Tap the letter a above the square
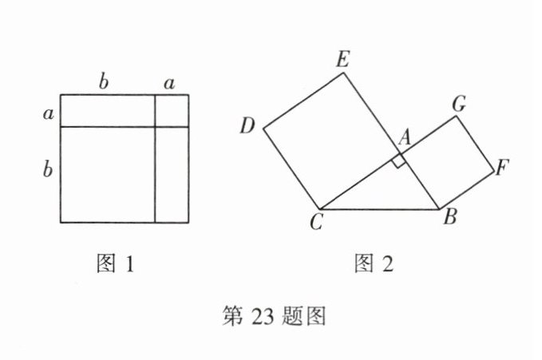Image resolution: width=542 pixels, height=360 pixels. coord(169,81)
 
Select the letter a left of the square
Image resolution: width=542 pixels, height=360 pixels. coord(49,113)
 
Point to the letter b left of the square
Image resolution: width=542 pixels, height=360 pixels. coord(47,168)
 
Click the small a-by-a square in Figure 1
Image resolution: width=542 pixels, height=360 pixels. coord(172,110)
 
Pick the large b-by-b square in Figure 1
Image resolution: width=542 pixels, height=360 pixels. coord(107,174)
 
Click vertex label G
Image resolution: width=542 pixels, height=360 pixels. coord(459,103)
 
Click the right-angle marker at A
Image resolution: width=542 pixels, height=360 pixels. coord(399,162)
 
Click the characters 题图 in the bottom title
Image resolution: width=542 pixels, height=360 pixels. coord(301,317)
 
